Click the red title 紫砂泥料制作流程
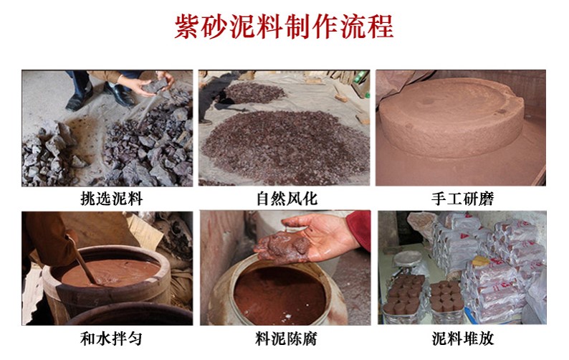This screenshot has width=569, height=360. coord(284,26)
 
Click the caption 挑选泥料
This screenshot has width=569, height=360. coord(111,199)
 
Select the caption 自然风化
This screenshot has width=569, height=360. coord(287,199)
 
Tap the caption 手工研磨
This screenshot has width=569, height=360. coord(462,199)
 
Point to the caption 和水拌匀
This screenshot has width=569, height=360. coord(111,338)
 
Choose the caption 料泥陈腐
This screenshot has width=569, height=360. coord(286,338)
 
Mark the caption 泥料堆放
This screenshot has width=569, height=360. coord(463,338)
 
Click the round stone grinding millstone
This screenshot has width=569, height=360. coord(451,117)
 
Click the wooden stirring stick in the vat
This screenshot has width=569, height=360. coord(82,260)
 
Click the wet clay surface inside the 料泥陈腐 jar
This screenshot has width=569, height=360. coord(279,294)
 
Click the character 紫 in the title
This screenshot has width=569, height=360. coord(188,26)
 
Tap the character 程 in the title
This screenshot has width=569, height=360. coord(381,26)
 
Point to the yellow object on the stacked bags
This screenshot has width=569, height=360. coord(481,260)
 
